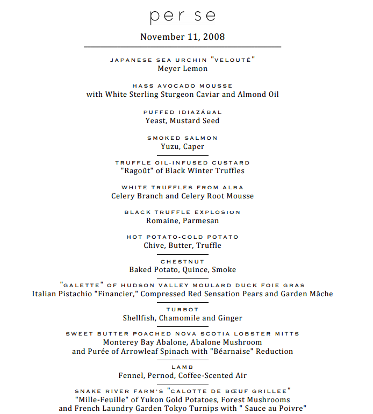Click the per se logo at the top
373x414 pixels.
182,16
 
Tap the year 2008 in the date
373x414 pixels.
215,37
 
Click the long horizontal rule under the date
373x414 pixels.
182,47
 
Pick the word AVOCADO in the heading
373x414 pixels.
182,85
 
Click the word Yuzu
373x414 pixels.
170,147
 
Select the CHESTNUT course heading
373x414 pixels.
183,261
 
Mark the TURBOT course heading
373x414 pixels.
183,310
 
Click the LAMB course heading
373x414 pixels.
183,367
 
